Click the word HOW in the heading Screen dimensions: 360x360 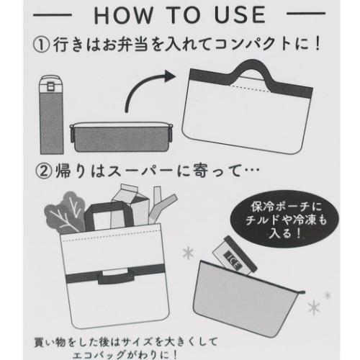[123, 15]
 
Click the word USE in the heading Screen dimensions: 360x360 [240, 15]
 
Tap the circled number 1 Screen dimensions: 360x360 [42, 45]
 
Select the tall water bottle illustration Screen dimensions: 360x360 [51, 114]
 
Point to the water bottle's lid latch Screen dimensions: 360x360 [50, 86]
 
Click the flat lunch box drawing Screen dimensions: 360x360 [121, 138]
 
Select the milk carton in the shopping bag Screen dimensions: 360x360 [132, 204]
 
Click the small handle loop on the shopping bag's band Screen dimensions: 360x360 [115, 277]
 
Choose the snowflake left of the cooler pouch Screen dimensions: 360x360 [188, 253]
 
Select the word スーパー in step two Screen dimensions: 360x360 [140, 172]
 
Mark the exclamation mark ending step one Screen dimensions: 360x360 [318, 44]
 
